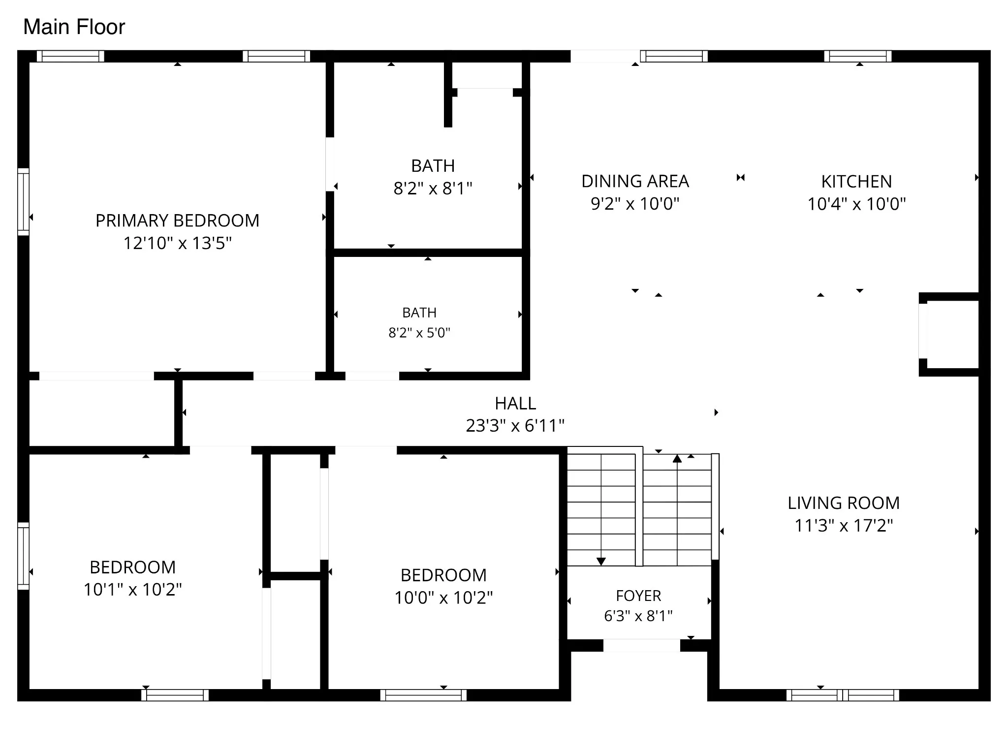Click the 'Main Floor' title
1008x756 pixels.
pyautogui.click(x=74, y=27)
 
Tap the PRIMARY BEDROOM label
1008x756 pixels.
pyautogui.click(x=177, y=220)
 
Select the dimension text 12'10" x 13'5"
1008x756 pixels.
pyautogui.click(x=177, y=243)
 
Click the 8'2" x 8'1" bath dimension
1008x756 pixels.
pyautogui.click(x=433, y=188)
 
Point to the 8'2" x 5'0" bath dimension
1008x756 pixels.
pyautogui.click(x=419, y=333)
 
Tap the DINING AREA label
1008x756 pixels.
pyautogui.click(x=635, y=181)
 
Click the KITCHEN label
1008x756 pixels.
pyautogui.click(x=856, y=182)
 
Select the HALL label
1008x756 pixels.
pyautogui.click(x=515, y=404)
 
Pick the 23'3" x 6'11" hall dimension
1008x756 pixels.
pyautogui.click(x=515, y=425)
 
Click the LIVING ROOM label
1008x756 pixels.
pyautogui.click(x=844, y=503)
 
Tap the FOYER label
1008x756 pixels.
pyautogui.click(x=638, y=596)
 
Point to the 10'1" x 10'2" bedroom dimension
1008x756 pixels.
pyautogui.click(x=133, y=589)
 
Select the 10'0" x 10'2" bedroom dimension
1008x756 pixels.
pyautogui.click(x=443, y=597)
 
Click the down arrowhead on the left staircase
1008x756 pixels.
pyautogui.click(x=601, y=561)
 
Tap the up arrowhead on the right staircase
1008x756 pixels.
pyautogui.click(x=677, y=459)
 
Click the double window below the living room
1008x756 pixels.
pyautogui.click(x=843, y=695)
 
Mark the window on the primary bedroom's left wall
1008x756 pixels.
pyautogui.click(x=23, y=202)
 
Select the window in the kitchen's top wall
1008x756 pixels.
pyautogui.click(x=858, y=56)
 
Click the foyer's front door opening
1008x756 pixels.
pyautogui.click(x=642, y=645)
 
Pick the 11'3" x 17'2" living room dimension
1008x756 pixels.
pyautogui.click(x=844, y=525)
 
